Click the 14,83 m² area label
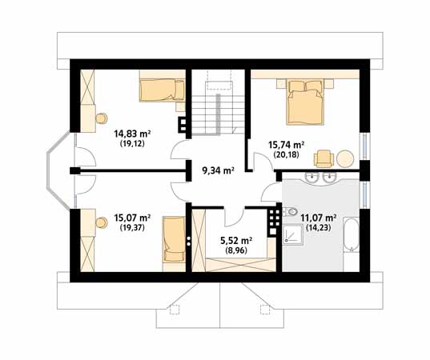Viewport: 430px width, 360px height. pos(132,134)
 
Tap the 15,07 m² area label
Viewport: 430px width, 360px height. pos(132,218)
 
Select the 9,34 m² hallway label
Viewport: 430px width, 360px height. pos(218,170)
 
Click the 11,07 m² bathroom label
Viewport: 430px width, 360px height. pos(319,218)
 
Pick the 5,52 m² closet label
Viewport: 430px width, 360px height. pos(236,241)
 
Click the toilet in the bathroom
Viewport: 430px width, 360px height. pos(290,211)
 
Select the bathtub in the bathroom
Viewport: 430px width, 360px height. pos(351,234)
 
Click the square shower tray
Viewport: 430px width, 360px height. pos(292,235)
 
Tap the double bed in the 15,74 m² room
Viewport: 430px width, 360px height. pos(305,102)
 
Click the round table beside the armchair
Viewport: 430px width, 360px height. pos(345,158)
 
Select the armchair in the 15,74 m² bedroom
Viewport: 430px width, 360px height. pos(324,158)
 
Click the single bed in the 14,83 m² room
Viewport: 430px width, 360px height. pos(162,90)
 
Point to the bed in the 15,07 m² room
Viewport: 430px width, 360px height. pos(174,239)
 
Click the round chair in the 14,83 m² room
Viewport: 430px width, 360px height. pos(101,118)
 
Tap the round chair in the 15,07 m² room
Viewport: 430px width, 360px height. pos(101,222)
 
